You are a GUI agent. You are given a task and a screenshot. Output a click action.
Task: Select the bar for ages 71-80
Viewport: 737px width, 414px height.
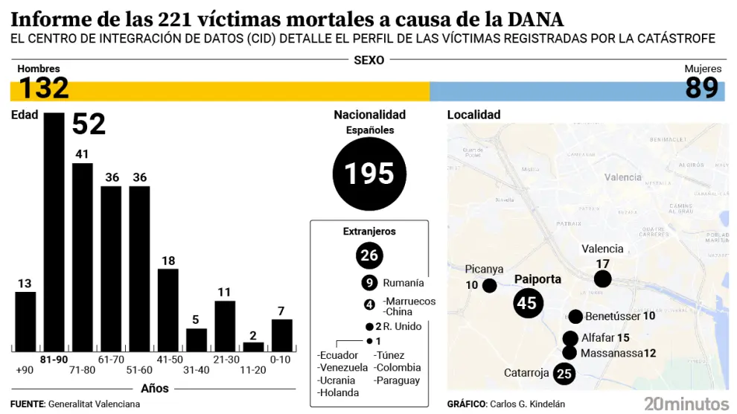pyautogui.click(x=83, y=257)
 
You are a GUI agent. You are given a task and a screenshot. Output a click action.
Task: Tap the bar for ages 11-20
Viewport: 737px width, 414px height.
pyautogui.click(x=254, y=346)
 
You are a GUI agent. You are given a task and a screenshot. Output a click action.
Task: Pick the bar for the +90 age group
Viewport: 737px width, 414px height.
pyautogui.click(x=25, y=321)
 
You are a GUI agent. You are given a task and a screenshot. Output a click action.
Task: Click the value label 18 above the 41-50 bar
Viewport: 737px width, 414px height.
pyautogui.click(x=168, y=260)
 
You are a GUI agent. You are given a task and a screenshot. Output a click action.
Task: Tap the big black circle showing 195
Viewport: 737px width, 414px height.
pyautogui.click(x=369, y=173)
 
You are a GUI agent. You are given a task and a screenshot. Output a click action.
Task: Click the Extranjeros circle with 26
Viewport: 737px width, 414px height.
pyautogui.click(x=369, y=255)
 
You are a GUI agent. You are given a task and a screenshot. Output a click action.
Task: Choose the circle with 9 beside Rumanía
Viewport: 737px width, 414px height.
pyautogui.click(x=369, y=283)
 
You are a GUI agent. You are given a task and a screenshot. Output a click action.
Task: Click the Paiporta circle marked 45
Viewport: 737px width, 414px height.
pyautogui.click(x=527, y=303)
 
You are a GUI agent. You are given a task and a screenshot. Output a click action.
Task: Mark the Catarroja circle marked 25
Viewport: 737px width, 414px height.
pyautogui.click(x=564, y=373)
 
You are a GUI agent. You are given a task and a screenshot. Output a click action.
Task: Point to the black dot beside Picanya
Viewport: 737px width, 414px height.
pyautogui.click(x=489, y=285)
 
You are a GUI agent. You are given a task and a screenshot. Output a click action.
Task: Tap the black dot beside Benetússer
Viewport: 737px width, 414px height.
pyautogui.click(x=575, y=316)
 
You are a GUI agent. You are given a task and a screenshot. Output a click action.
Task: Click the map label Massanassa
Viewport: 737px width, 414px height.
pyautogui.click(x=610, y=353)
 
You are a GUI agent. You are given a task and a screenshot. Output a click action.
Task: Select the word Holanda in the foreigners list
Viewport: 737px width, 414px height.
pyautogui.click(x=337, y=392)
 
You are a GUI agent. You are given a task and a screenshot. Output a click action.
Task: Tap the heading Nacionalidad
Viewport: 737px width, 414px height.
pyautogui.click(x=369, y=115)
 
